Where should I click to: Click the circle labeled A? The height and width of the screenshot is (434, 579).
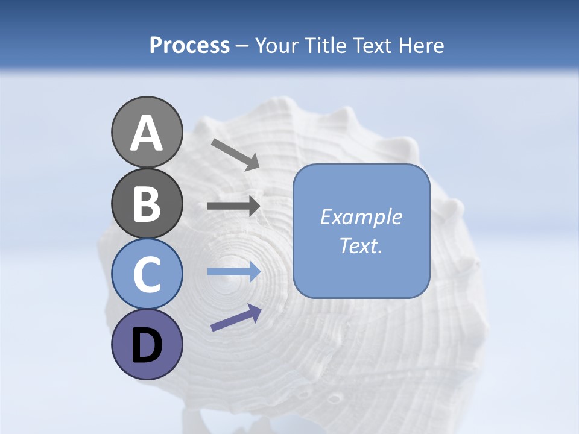pos(147,132)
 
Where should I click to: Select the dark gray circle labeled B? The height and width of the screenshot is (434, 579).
pos(147,203)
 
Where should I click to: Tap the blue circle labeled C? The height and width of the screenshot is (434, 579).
pos(147,274)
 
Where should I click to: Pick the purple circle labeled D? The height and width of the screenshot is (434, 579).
pos(147,344)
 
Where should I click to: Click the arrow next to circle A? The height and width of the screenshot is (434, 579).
pos(235,154)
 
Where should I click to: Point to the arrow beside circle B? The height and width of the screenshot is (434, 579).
pos(233,206)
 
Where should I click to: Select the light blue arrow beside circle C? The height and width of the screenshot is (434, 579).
pos(233,272)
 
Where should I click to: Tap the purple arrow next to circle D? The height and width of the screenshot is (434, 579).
pos(236,318)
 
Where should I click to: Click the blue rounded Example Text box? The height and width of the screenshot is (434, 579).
pos(361,231)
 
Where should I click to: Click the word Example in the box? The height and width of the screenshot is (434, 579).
pos(361,217)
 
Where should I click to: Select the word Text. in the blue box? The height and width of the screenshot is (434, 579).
pos(361,245)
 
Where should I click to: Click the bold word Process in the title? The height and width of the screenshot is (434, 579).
pos(189,45)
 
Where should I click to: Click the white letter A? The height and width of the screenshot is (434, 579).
pos(147,133)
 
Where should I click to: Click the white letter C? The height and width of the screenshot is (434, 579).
pos(147,275)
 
